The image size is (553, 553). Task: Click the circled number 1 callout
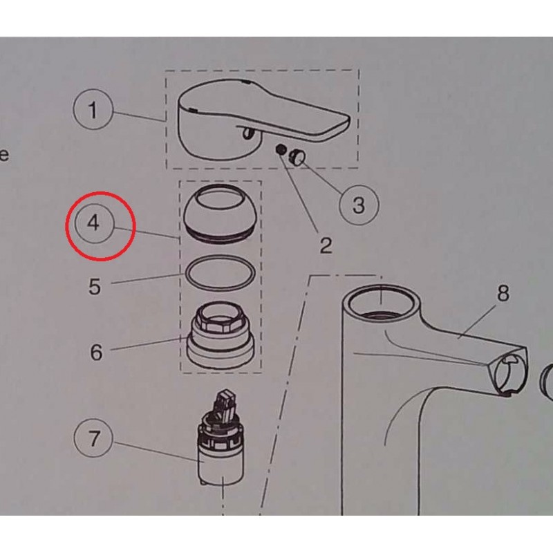tap(93, 109)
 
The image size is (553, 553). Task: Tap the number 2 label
tap(326, 245)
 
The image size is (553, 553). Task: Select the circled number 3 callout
tap(359, 205)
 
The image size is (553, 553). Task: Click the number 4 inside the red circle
tap(93, 223)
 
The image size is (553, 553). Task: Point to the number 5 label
tap(95, 286)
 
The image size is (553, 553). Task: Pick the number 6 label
tap(96, 352)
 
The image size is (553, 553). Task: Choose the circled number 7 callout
tap(93, 439)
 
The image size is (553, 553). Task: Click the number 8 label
tap(503, 292)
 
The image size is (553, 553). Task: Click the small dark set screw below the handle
tap(281, 150)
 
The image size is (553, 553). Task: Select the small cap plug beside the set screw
tap(297, 157)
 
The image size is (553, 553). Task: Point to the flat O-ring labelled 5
tap(220, 273)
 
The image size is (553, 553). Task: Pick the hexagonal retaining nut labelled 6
tap(220, 335)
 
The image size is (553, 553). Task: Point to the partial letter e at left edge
tap(4, 154)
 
